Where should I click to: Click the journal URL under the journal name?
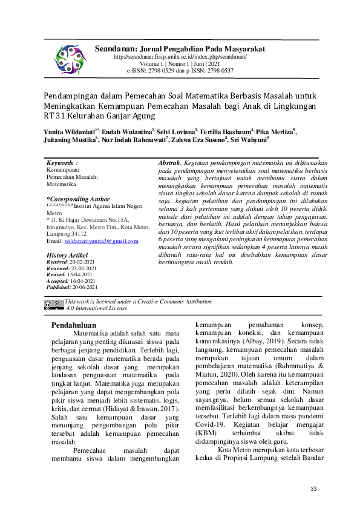(180, 56)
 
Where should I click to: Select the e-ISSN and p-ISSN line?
(180, 71)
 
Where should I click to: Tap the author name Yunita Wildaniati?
(68, 131)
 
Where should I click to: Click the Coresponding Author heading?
(78, 199)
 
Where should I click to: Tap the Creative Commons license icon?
(53, 305)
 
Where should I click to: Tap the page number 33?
(313, 488)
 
